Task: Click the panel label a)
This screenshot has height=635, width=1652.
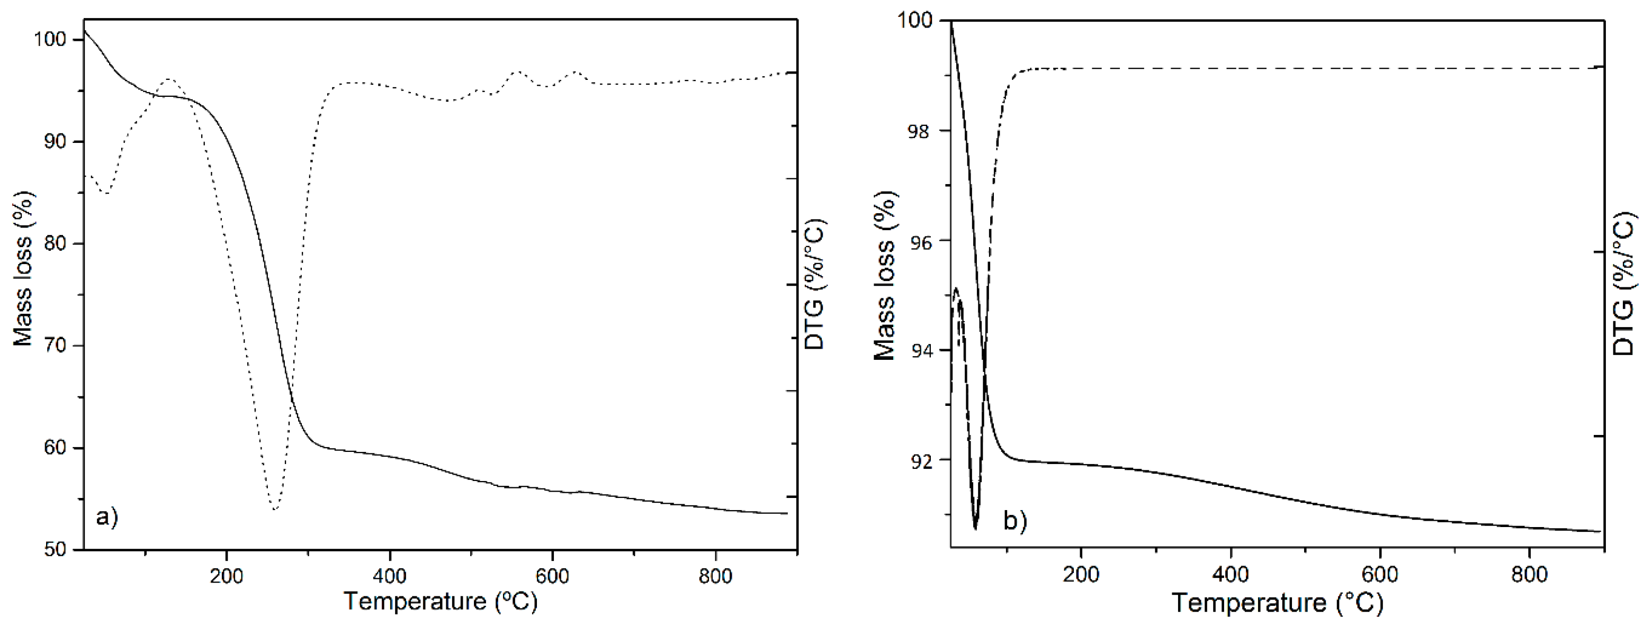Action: click(x=106, y=516)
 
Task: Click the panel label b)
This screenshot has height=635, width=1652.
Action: click(x=1015, y=521)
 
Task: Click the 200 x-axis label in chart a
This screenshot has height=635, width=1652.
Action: click(x=227, y=576)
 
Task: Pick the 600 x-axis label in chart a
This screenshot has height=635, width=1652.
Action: click(x=552, y=576)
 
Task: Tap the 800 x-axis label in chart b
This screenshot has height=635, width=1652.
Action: click(x=1529, y=574)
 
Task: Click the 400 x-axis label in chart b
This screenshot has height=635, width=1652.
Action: click(x=1230, y=574)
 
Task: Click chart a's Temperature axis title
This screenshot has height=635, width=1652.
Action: click(x=441, y=602)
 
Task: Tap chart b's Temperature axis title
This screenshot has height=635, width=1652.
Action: click(x=1278, y=603)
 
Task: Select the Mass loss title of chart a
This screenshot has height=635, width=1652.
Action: click(x=23, y=269)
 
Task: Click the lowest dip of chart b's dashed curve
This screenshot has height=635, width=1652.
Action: click(x=975, y=528)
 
